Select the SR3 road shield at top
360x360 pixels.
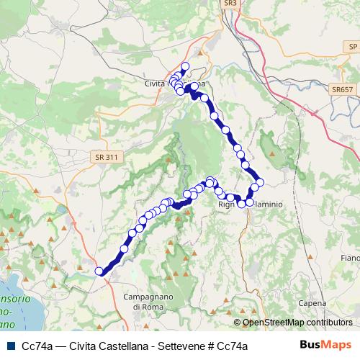tap(230, 4)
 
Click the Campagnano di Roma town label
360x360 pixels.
tap(145, 302)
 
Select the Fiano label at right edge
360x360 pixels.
tap(351, 257)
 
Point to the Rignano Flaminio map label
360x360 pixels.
tap(250, 204)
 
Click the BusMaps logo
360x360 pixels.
tap(325, 346)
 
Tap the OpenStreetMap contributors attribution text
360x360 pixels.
tap(297, 323)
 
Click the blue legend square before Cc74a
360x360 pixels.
tap(11, 346)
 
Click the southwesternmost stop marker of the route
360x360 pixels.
tap(99, 271)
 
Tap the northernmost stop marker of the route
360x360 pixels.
tap(184, 66)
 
